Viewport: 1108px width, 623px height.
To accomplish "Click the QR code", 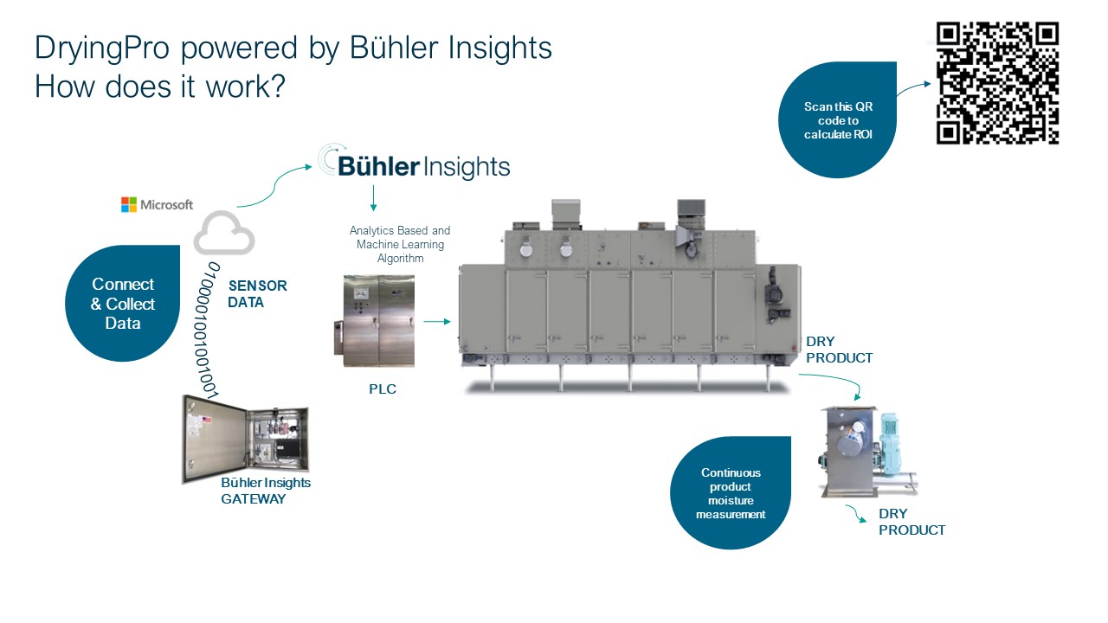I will (x=997, y=83).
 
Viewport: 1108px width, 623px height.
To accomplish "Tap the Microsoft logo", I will (x=157, y=205).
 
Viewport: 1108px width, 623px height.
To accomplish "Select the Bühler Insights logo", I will (x=414, y=164).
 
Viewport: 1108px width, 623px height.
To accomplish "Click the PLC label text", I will (x=383, y=389).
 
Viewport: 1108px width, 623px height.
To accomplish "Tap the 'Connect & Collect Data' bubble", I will (x=123, y=304).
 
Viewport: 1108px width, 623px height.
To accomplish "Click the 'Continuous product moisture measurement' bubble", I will (x=731, y=493).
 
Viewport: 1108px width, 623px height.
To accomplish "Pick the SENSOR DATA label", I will (x=257, y=293).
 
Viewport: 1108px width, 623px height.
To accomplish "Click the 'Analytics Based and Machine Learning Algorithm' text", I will (x=400, y=244).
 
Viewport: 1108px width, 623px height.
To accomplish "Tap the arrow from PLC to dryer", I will (x=437, y=322).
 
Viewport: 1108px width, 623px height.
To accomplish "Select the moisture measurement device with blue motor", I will (x=866, y=452).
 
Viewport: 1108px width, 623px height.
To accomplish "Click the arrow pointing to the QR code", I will (x=912, y=88).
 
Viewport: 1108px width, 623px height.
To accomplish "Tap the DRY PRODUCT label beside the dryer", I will (x=839, y=350).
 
